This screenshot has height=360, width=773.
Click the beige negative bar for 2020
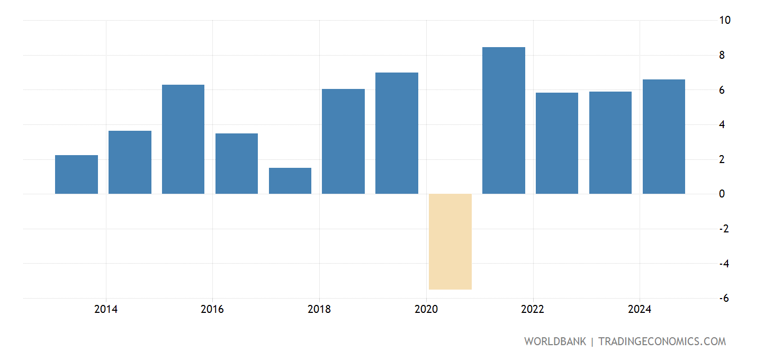(x=450, y=241)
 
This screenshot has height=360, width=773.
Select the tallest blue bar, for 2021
(x=504, y=121)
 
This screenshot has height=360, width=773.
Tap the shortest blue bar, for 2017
(x=290, y=181)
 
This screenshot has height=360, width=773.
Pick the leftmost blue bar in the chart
(x=76, y=174)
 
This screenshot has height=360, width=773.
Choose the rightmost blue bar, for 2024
(x=663, y=137)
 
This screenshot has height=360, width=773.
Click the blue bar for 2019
(x=397, y=133)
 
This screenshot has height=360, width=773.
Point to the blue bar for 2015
(x=183, y=139)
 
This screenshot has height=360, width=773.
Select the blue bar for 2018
(x=343, y=141)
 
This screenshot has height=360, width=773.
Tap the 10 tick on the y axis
(x=725, y=20)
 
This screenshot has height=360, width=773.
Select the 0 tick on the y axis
(x=722, y=194)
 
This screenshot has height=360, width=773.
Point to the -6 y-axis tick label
(x=724, y=299)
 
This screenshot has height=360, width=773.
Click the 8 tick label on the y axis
(x=722, y=55)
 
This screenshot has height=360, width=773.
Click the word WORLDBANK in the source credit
(x=555, y=341)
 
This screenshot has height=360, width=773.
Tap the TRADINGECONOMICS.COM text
(x=662, y=341)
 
